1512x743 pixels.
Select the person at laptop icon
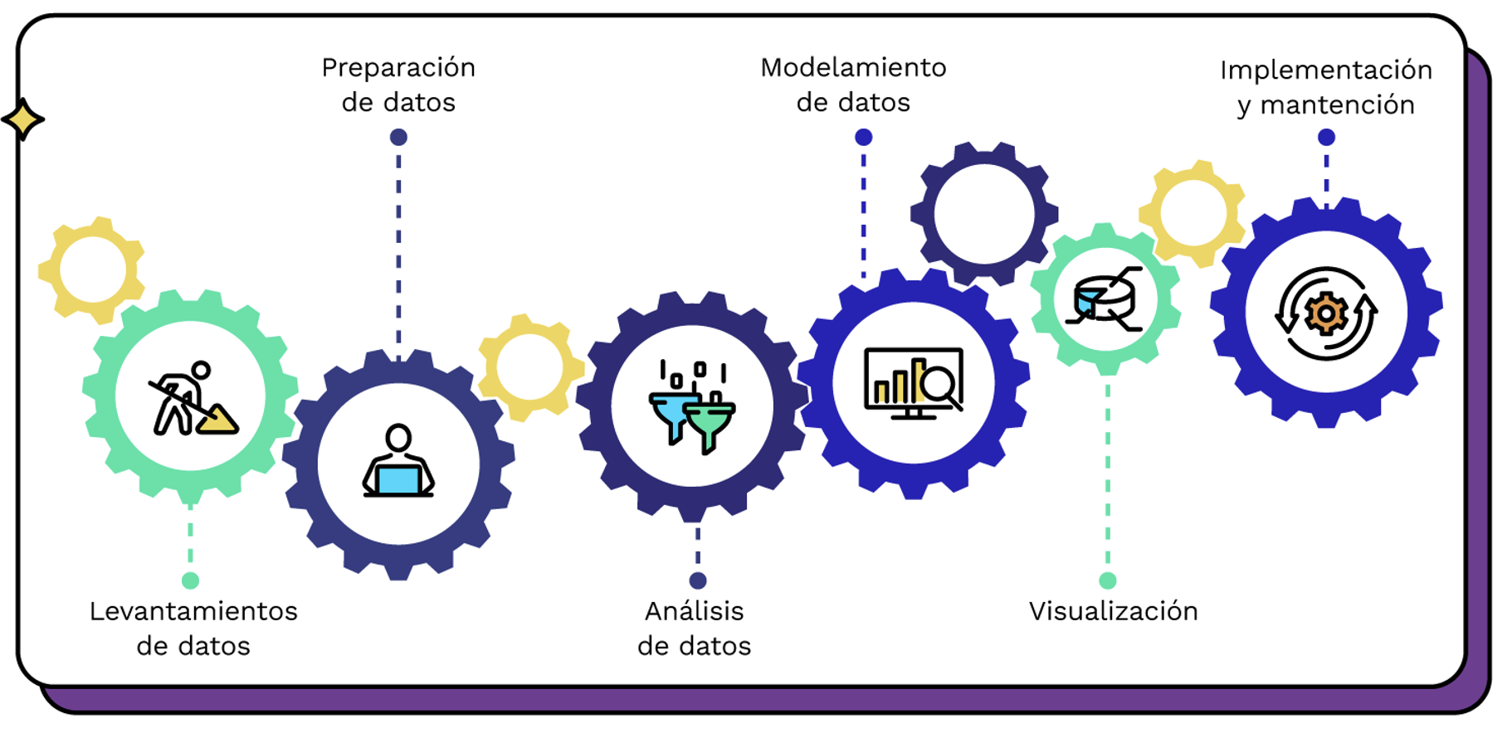[398, 462]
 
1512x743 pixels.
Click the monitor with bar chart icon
[913, 382]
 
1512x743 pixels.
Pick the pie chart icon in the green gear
[1105, 299]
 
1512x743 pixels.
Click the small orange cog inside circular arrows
[1325, 313]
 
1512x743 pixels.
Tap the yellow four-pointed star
[23, 119]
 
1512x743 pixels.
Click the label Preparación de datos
[398, 85]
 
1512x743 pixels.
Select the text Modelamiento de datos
[853, 85]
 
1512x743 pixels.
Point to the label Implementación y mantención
[1325, 87]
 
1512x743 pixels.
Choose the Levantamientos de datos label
[193, 628]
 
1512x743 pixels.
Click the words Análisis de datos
[695, 628]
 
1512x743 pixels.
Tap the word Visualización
[1113, 611]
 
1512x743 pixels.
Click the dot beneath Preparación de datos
[398, 137]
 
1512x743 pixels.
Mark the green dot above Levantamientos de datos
[191, 580]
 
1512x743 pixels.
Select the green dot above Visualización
[1108, 580]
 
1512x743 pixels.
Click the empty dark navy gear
[984, 214]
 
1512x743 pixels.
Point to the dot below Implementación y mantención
[1326, 137]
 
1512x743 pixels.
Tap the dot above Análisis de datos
[698, 580]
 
